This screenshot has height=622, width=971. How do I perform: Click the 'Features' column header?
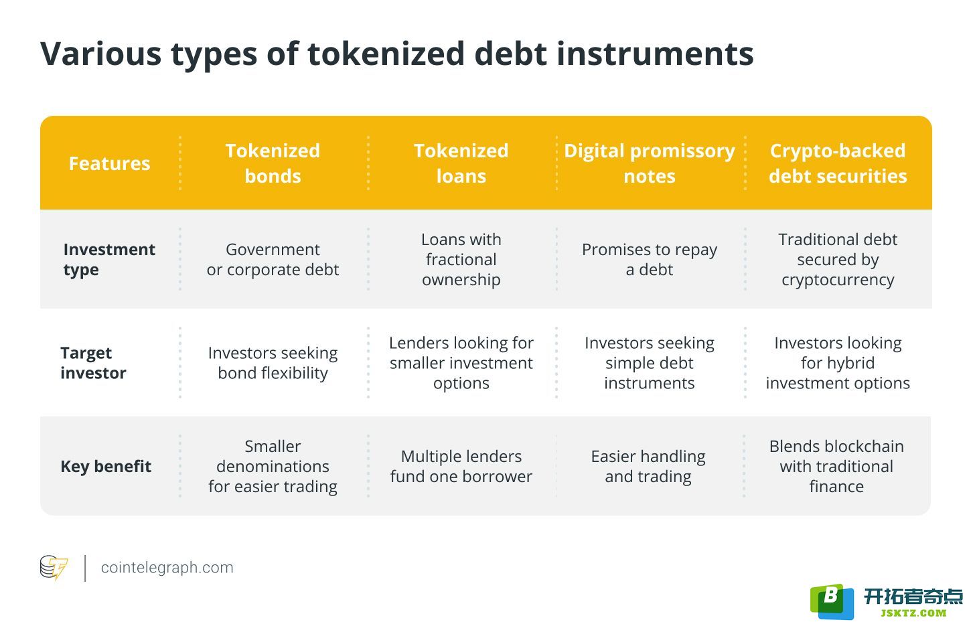(x=109, y=163)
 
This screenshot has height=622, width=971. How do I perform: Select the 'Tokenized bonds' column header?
(x=273, y=163)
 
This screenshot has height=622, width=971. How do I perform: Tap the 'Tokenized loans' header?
(x=461, y=163)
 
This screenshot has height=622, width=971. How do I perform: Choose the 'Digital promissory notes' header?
(x=650, y=163)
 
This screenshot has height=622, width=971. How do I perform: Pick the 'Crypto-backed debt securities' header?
(x=838, y=163)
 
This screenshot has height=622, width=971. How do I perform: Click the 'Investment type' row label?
(x=108, y=259)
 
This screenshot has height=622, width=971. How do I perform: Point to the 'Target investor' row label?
(x=93, y=363)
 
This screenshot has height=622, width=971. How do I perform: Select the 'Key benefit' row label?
(x=106, y=467)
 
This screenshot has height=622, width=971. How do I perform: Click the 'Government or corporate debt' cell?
(x=273, y=259)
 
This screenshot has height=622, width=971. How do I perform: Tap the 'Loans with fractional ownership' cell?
(x=461, y=259)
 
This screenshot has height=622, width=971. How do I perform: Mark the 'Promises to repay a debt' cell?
(x=650, y=259)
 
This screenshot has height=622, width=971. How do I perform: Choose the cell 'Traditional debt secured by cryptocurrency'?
(x=838, y=259)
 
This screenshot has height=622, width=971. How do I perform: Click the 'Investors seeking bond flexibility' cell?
(x=273, y=363)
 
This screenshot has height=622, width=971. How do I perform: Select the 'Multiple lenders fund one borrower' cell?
(x=461, y=467)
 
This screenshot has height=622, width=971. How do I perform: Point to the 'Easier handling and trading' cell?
(x=648, y=467)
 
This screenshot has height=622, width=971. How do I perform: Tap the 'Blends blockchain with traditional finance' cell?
(x=836, y=467)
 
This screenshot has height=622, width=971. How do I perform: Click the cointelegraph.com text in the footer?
(x=167, y=567)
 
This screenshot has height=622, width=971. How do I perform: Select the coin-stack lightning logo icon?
(x=54, y=567)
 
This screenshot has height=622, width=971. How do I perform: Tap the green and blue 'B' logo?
(x=832, y=602)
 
